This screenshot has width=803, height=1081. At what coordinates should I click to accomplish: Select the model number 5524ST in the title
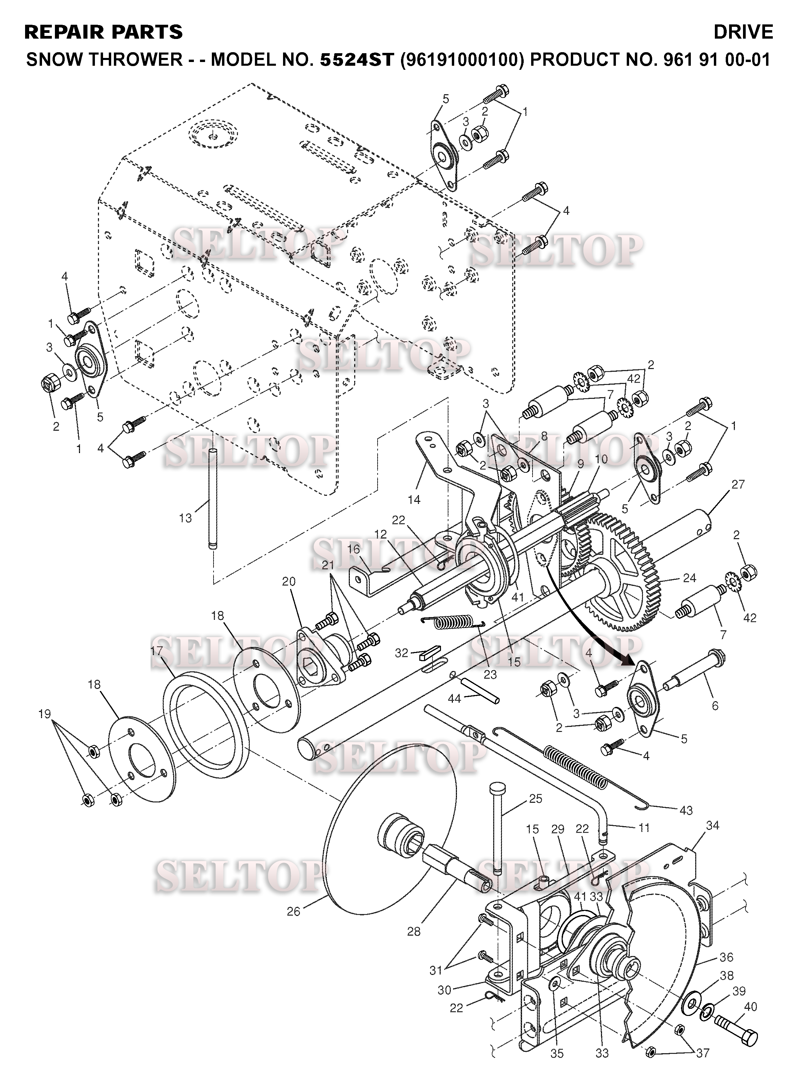pos(356,59)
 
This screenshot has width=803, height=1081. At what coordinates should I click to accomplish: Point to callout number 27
pos(738,484)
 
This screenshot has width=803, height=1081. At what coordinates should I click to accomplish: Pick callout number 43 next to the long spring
pos(685,810)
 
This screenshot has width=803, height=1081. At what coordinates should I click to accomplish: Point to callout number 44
pos(454,699)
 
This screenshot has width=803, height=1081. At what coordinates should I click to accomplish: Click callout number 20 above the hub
pos(289,582)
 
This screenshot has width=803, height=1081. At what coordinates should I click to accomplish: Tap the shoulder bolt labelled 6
pos(692,670)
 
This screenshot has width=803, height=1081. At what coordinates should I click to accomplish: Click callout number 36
pos(726,957)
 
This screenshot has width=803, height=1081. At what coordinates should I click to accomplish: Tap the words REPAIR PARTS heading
pos(103,32)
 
